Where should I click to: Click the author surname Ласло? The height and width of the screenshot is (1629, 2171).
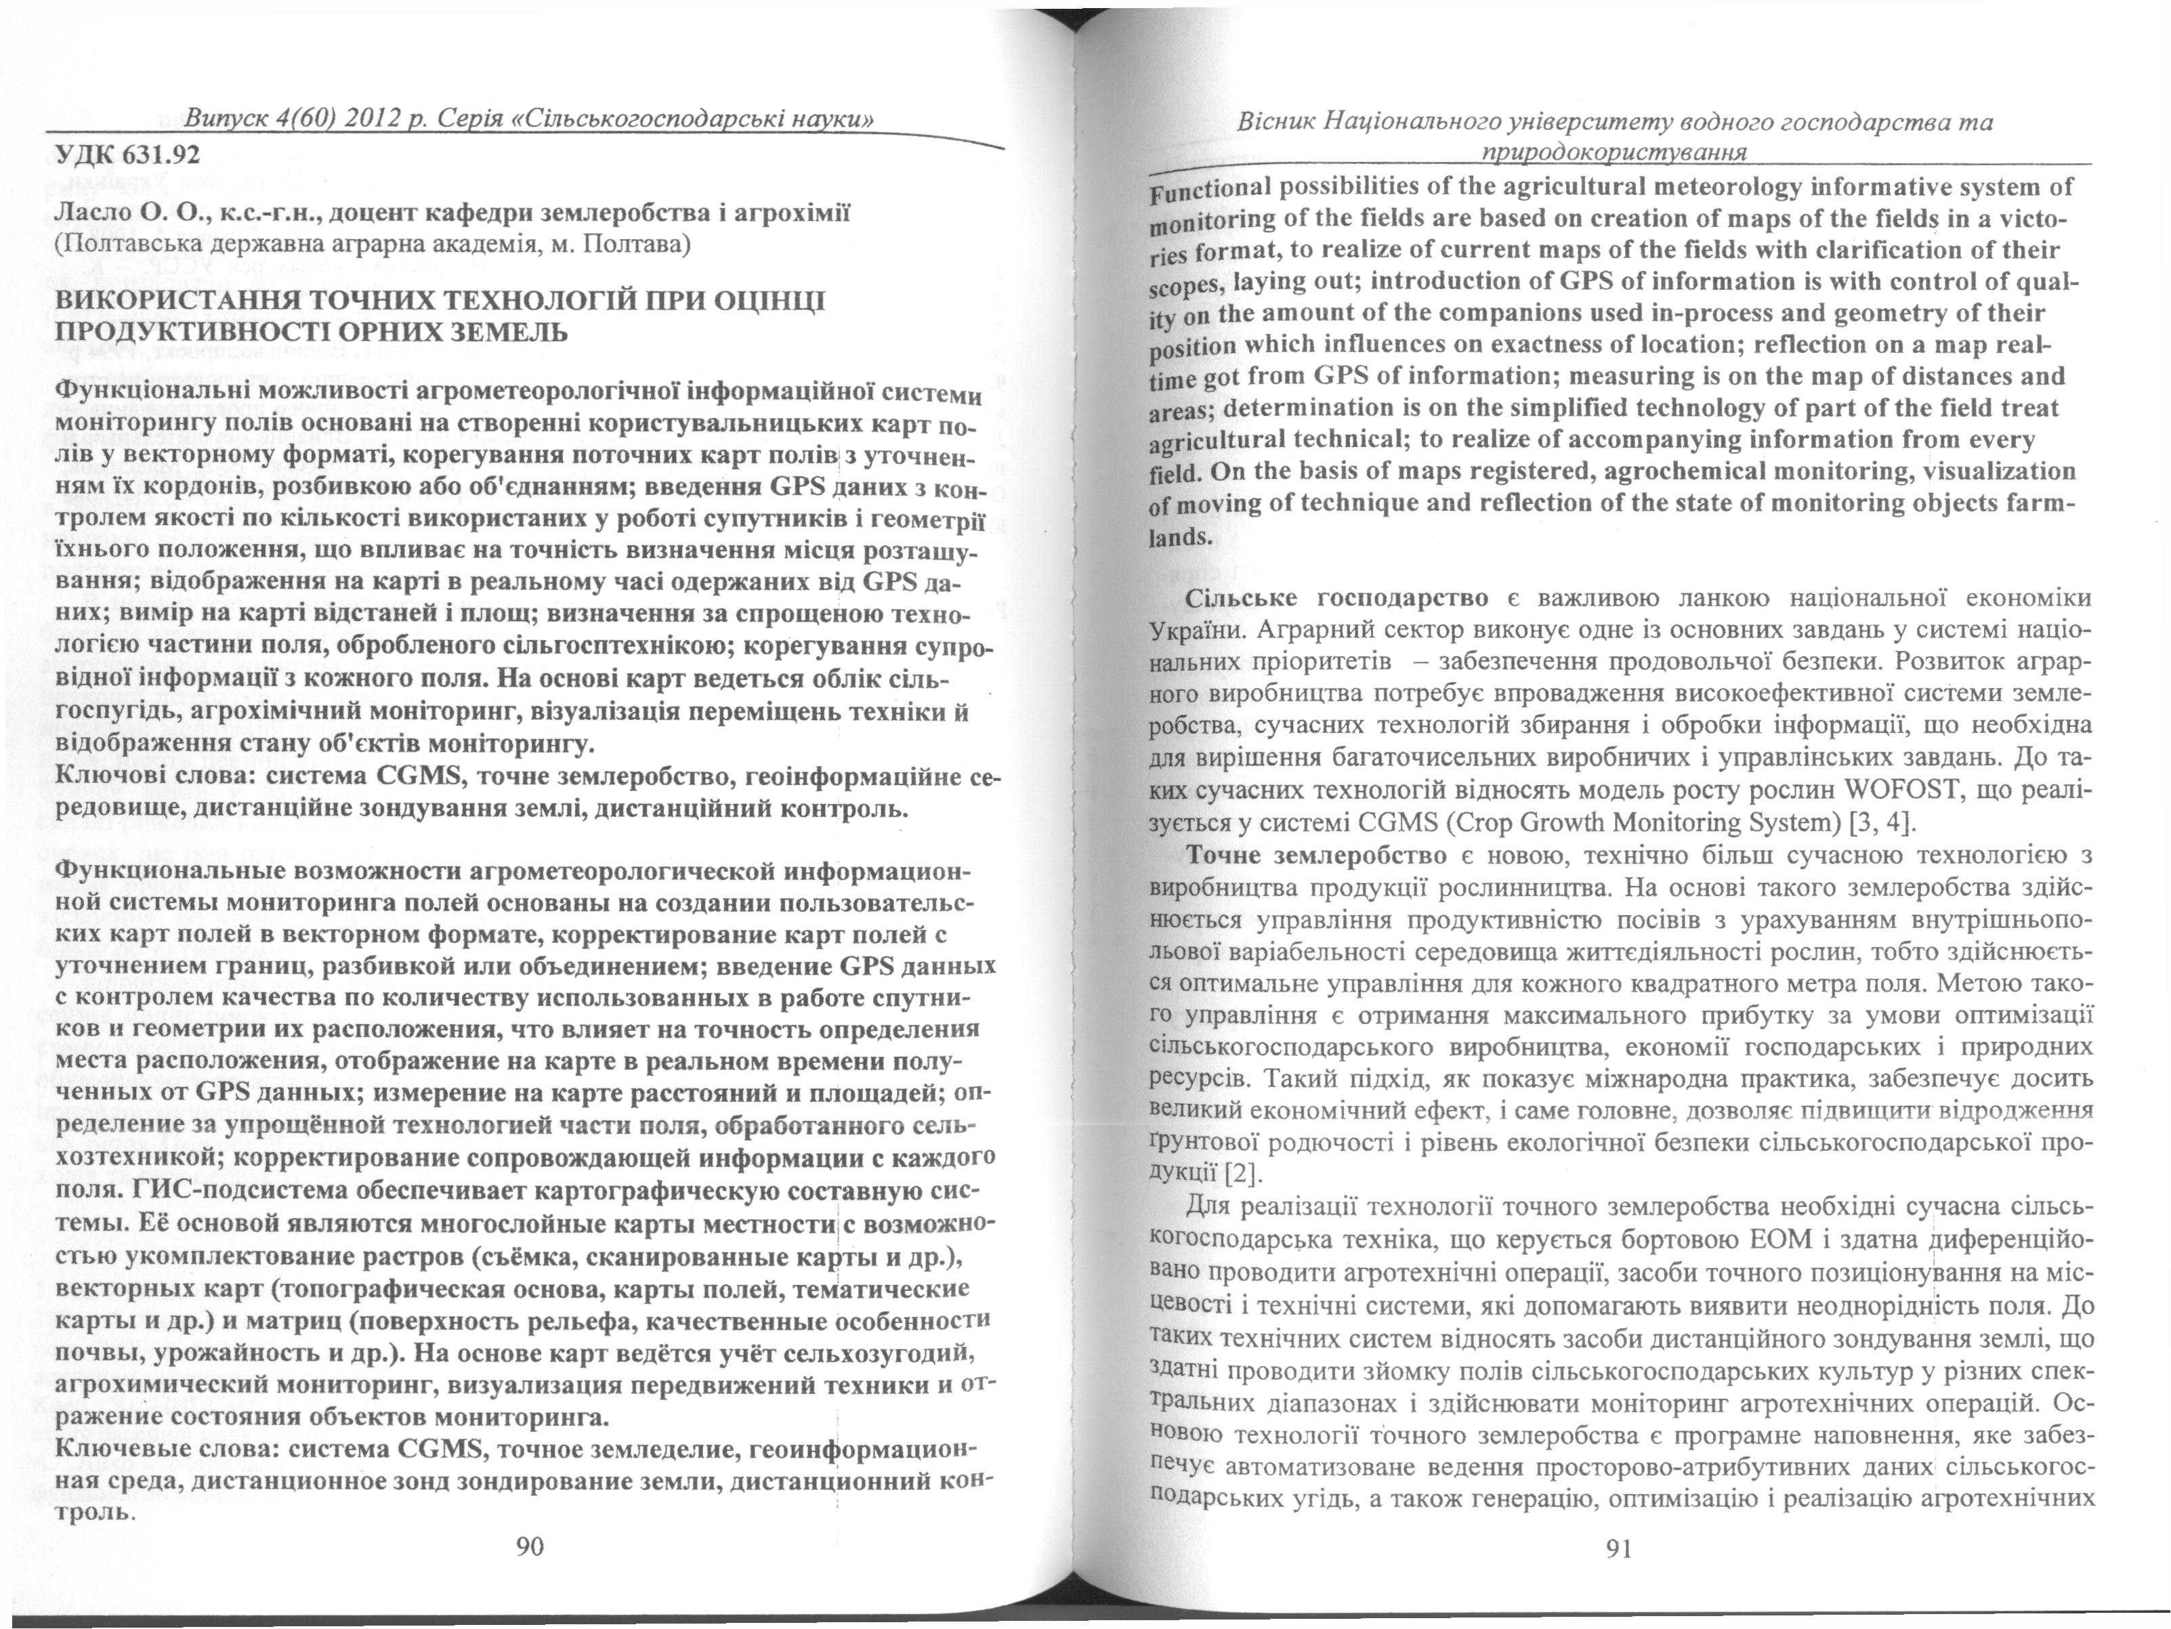[89, 213]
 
